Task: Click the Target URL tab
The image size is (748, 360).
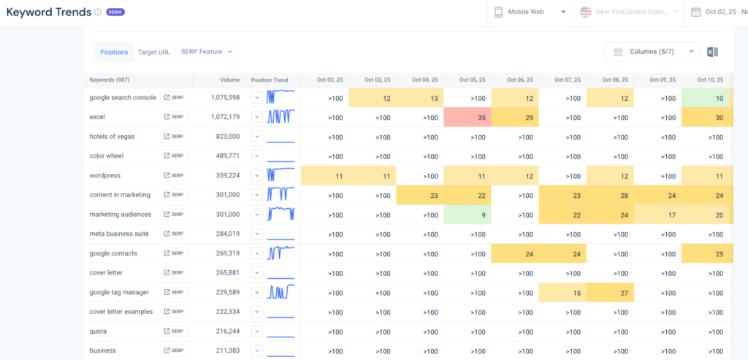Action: click(x=153, y=52)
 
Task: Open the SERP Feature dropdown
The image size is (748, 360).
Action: click(x=207, y=52)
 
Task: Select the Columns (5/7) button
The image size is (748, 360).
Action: click(x=652, y=52)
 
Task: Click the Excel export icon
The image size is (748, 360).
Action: click(x=713, y=52)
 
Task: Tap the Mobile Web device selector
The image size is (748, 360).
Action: click(x=530, y=12)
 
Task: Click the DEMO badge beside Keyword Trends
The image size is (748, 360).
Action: click(x=115, y=12)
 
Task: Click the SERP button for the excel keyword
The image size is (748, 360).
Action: click(x=175, y=117)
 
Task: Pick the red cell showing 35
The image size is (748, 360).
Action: click(x=467, y=117)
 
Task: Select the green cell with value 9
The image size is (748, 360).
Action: click(x=467, y=215)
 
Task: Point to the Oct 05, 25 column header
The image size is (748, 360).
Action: click(x=467, y=80)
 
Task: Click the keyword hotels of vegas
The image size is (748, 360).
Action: click(x=112, y=137)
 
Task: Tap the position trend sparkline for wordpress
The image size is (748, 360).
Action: click(x=280, y=175)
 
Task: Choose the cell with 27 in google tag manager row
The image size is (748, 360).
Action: click(x=609, y=292)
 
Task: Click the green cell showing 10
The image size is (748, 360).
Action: click(x=706, y=97)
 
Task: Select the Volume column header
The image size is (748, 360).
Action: click(x=229, y=80)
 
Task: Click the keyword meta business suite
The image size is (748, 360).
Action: click(x=119, y=234)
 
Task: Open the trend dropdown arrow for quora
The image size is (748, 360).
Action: click(x=256, y=331)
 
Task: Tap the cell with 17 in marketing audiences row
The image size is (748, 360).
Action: click(x=657, y=215)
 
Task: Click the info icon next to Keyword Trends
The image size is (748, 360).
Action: click(x=99, y=12)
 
